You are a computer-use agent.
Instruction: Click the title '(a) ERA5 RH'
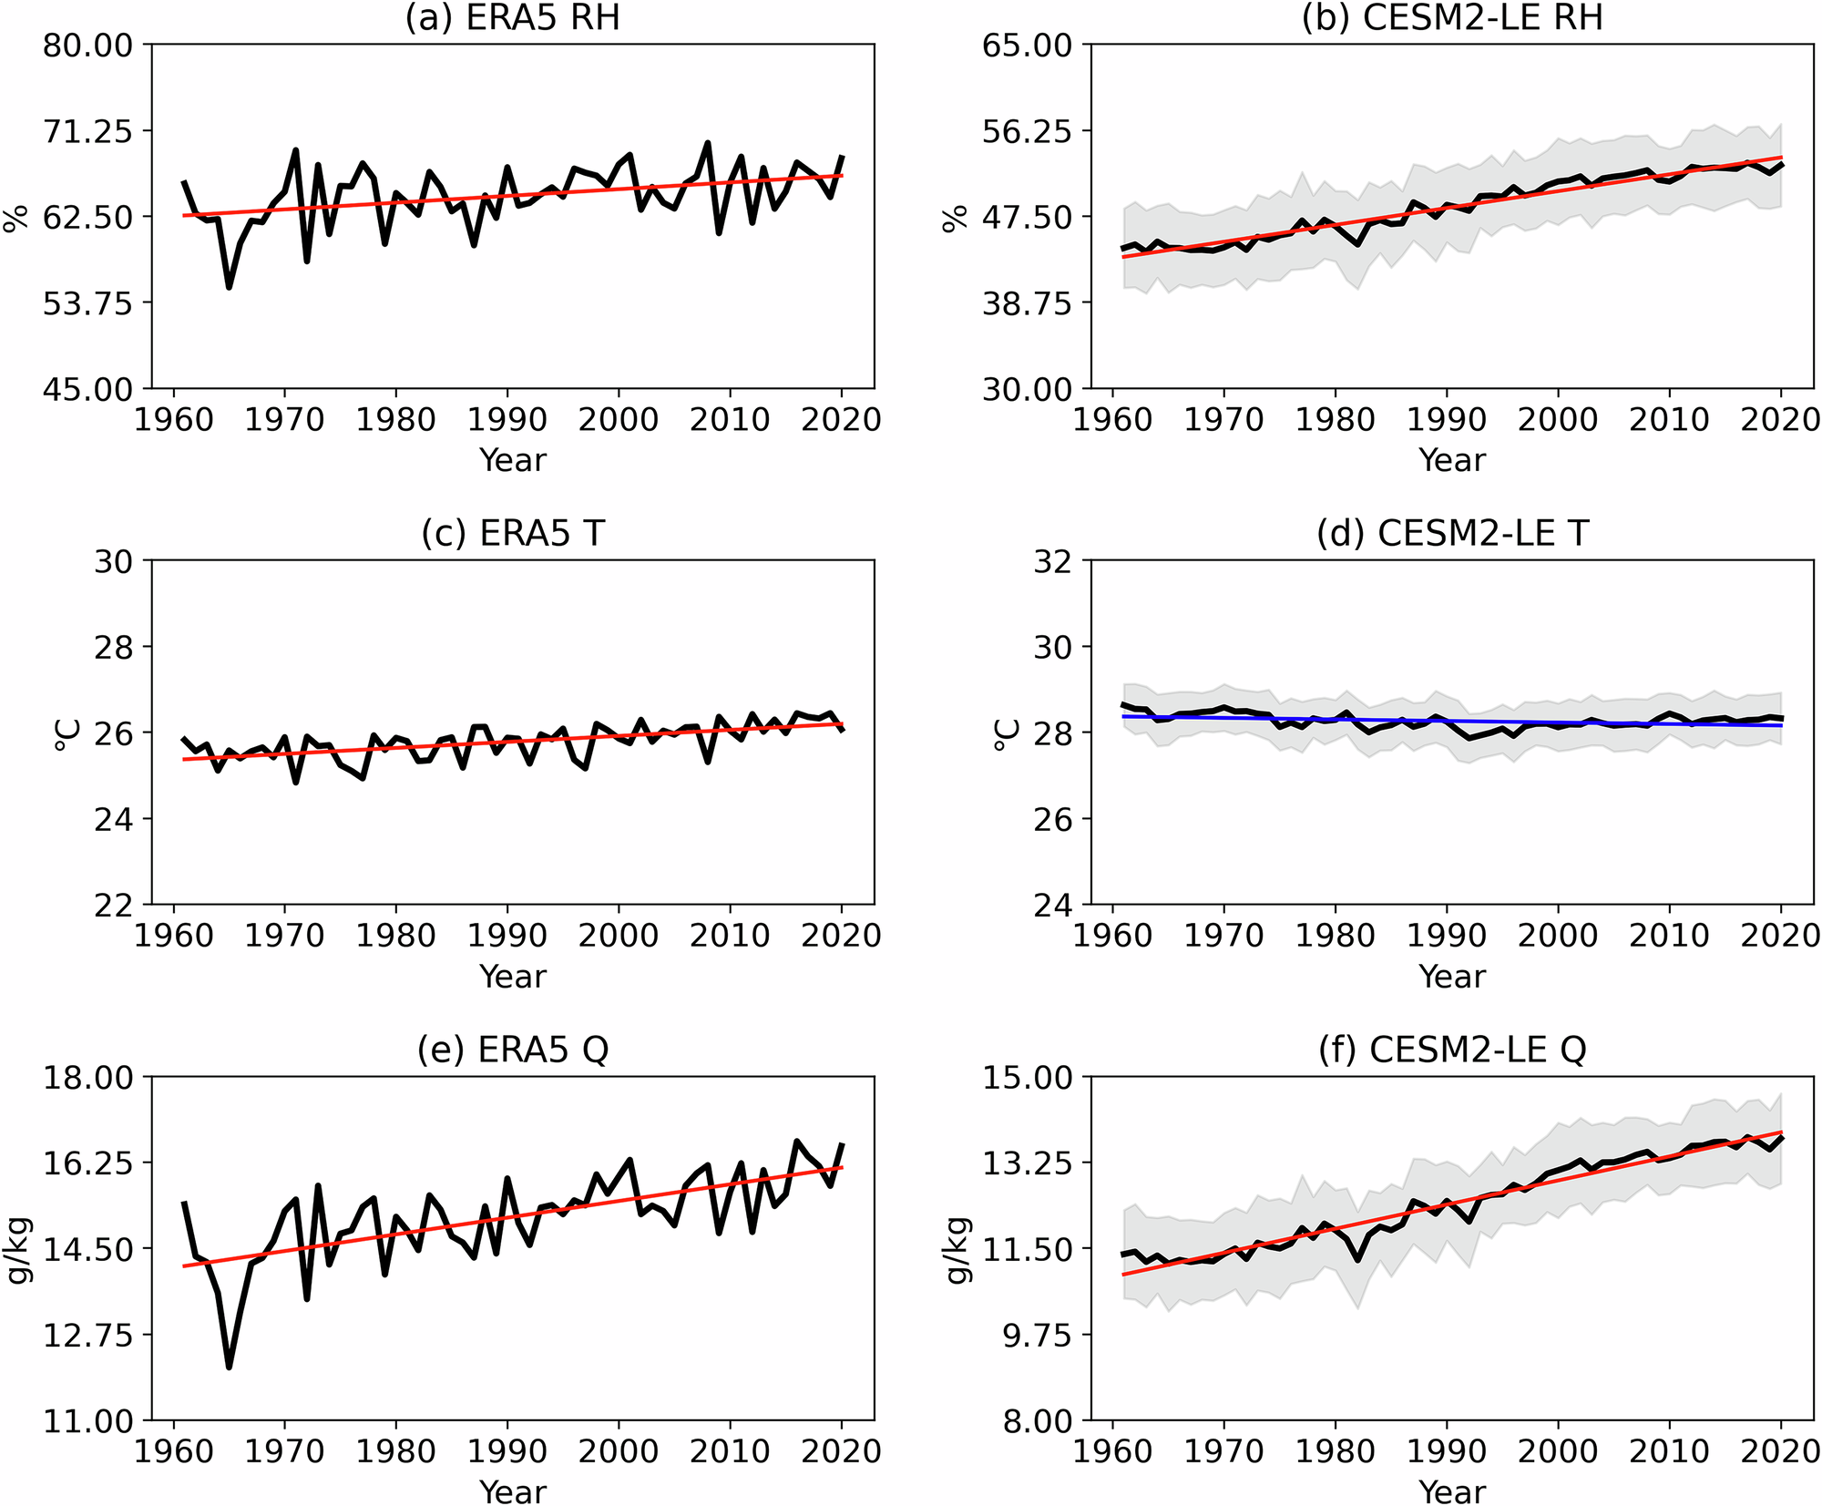click(512, 17)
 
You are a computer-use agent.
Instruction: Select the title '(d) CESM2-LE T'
click(1452, 533)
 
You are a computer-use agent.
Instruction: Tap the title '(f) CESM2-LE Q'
click(1452, 1050)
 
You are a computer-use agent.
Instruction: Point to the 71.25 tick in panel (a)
click(87, 131)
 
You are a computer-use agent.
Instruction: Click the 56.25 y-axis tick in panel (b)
click(1026, 131)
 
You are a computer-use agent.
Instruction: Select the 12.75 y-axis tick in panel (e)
click(87, 1336)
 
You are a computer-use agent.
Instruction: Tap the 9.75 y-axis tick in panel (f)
click(1026, 1336)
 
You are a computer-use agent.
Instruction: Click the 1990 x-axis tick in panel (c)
click(507, 936)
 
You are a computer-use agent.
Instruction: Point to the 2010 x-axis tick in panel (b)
click(1669, 420)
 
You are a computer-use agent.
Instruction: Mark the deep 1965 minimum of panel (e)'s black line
click(229, 1367)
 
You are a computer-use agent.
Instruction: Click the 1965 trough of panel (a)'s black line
click(229, 287)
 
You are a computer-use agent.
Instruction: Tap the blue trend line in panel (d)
click(1458, 722)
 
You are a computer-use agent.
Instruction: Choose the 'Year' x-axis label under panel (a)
click(512, 460)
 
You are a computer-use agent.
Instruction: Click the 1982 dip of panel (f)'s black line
click(1358, 1260)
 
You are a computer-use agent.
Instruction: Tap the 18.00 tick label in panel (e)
click(87, 1078)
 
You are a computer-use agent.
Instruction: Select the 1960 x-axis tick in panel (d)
click(1112, 936)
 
